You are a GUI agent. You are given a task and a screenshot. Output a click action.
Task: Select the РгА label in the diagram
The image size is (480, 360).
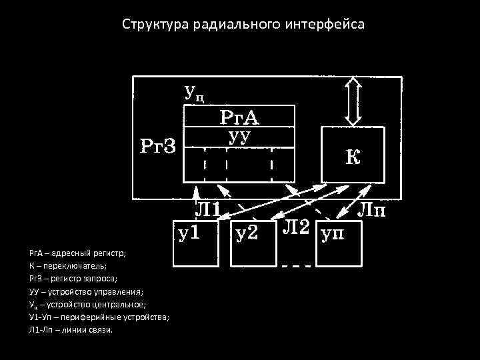click(x=239, y=117)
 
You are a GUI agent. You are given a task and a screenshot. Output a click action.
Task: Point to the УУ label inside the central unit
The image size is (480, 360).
click(x=239, y=137)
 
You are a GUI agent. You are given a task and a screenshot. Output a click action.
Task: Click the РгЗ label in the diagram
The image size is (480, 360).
click(x=157, y=145)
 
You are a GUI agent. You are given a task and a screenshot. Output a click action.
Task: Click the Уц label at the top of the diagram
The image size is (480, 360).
click(x=193, y=92)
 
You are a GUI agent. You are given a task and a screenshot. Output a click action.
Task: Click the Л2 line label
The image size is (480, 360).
click(x=297, y=227)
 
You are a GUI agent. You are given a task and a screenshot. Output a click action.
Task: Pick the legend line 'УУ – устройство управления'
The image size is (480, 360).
click(x=85, y=291)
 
